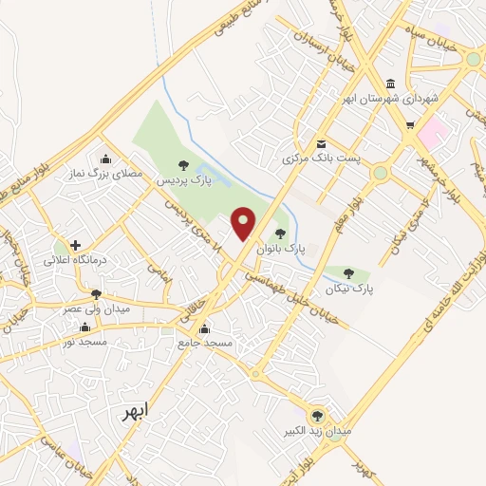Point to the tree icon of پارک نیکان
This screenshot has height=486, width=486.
(x=350, y=273)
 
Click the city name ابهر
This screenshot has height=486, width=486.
(x=136, y=413)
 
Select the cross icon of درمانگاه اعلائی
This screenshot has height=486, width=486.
(x=74, y=245)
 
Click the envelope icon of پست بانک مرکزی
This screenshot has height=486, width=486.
(x=321, y=144)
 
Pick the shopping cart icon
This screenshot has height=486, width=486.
(x=410, y=124)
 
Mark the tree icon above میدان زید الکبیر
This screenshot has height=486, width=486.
(x=317, y=415)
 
